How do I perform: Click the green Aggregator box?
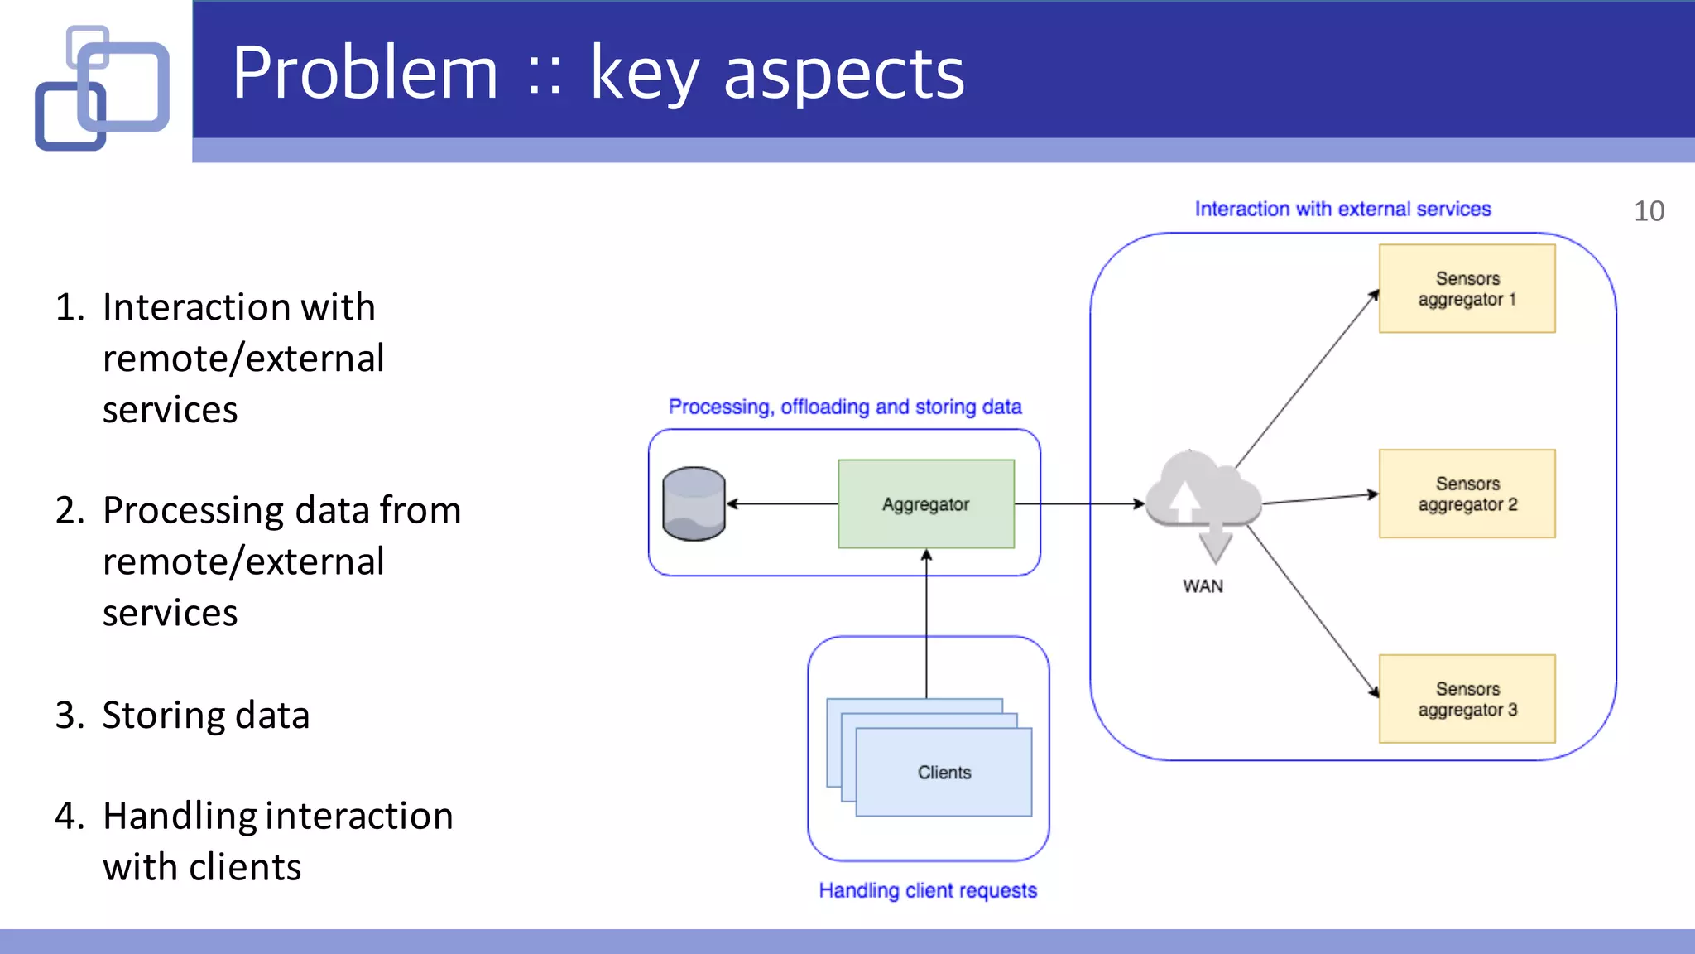[925, 503]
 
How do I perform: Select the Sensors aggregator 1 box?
[1467, 288]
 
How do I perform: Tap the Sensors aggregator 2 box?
[1467, 494]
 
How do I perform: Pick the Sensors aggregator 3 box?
[1467, 699]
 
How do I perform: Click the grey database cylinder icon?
[694, 503]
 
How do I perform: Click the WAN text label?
[1203, 586]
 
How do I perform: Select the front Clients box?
[944, 772]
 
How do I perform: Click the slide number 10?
[1649, 211]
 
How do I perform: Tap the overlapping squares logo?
[103, 88]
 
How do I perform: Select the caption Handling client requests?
[928, 890]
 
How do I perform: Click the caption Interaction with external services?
[1342, 209]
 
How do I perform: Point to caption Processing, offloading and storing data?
[845, 407]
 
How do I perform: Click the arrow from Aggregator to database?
[782, 503]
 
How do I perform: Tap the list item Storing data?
[205, 715]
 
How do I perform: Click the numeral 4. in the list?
[70, 816]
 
